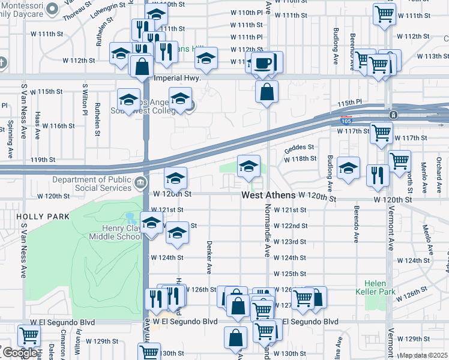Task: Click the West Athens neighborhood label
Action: click(268, 196)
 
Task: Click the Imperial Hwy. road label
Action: click(176, 78)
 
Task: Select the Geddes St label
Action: click(299, 147)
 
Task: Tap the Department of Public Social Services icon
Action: click(140, 182)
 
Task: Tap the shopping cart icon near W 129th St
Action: click(28, 337)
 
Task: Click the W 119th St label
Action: click(43, 160)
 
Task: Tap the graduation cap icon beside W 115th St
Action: click(128, 100)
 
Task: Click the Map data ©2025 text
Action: click(424, 355)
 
